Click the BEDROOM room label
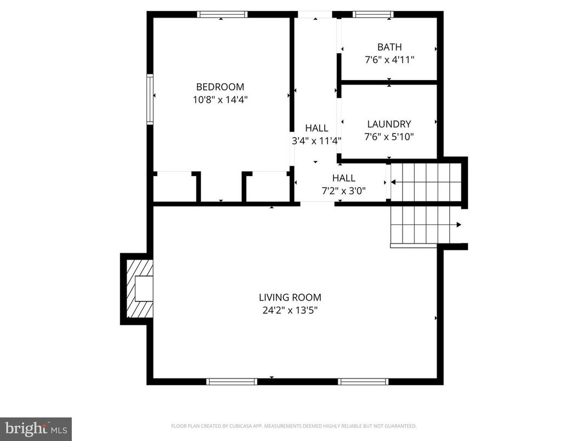tap(220, 87)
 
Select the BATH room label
tap(389, 47)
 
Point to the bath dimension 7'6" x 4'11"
tap(389, 60)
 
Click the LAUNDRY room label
tap(389, 124)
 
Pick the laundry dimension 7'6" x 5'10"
tap(389, 137)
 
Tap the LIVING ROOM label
tap(290, 297)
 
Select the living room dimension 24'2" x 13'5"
tap(290, 310)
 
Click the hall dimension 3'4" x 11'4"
tap(316, 140)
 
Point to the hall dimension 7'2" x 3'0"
tap(343, 190)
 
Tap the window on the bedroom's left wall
tap(150, 99)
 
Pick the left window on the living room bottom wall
tap(231, 381)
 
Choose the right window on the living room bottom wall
tap(363, 381)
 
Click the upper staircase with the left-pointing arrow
tap(425, 182)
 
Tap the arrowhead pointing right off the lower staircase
tap(459, 224)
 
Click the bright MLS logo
tap(36, 428)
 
